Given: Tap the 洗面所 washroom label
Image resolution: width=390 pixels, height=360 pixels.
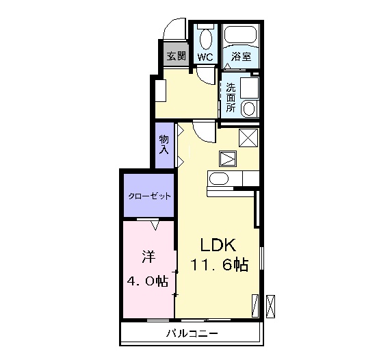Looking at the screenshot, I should (x=230, y=97).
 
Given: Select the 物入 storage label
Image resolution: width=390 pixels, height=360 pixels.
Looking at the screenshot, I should (x=164, y=144).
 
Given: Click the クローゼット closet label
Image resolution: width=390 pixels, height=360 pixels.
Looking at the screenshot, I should (x=149, y=196).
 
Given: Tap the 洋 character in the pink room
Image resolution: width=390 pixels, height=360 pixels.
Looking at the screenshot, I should (x=147, y=257).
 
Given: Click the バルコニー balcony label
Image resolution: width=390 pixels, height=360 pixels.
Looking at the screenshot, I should (x=192, y=334).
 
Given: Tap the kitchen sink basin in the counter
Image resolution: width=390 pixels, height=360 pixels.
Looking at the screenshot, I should (x=219, y=180).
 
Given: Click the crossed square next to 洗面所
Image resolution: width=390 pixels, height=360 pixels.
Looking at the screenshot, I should (x=248, y=136).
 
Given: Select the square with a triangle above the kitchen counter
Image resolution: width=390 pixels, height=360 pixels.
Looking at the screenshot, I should (x=227, y=159).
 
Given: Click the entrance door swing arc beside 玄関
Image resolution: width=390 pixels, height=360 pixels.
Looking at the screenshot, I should (x=173, y=31).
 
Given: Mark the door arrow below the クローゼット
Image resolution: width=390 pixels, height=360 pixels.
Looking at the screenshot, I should (x=155, y=224).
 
